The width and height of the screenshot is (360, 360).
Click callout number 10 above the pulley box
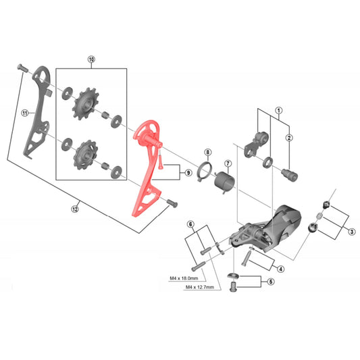click(91, 59)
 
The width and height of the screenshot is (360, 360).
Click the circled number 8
click(208, 153)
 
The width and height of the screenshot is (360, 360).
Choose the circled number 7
click(228, 163)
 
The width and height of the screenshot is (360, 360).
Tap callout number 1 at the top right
click(278, 109)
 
